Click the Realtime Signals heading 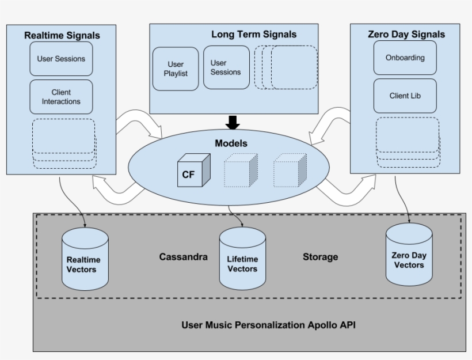pos(62,36)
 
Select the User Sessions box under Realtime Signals pos(61,59)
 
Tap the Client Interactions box pos(61,97)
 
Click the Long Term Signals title pos(254,35)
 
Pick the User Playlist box pos(175,69)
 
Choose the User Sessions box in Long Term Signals pos(226,67)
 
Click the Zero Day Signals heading pos(406,34)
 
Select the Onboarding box pos(405,58)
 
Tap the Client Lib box pos(405,96)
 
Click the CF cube pos(191,171)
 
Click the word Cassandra pos(183,257)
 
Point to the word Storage pos(320,257)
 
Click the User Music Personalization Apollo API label pos(268,325)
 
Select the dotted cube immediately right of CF pos(241,170)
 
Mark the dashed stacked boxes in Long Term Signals pos(286,67)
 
